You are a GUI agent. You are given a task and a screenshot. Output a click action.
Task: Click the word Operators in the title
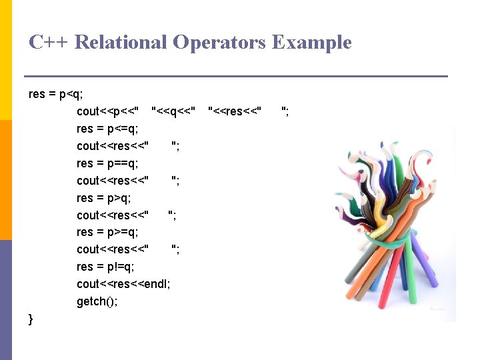click(x=219, y=43)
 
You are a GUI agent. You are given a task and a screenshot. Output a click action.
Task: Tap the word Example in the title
click(x=311, y=43)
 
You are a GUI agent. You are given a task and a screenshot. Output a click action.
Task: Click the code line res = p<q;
click(x=56, y=94)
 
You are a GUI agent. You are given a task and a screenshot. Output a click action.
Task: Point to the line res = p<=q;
click(x=107, y=129)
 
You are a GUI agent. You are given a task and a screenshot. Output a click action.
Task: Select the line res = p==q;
click(x=107, y=163)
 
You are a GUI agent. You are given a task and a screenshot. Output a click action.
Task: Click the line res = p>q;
click(x=104, y=198)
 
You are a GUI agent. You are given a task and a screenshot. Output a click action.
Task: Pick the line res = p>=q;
click(x=107, y=232)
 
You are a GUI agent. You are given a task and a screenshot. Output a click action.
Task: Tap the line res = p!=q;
click(x=105, y=267)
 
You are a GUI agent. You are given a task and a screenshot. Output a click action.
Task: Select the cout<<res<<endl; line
click(x=123, y=284)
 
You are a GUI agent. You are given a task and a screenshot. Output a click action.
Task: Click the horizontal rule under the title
click(x=235, y=77)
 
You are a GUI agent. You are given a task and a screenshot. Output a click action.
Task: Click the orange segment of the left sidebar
click(x=6, y=179)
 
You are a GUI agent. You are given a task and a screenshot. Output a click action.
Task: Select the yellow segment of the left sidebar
click(x=6, y=60)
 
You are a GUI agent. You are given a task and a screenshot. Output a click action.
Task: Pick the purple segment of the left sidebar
click(x=6, y=299)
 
